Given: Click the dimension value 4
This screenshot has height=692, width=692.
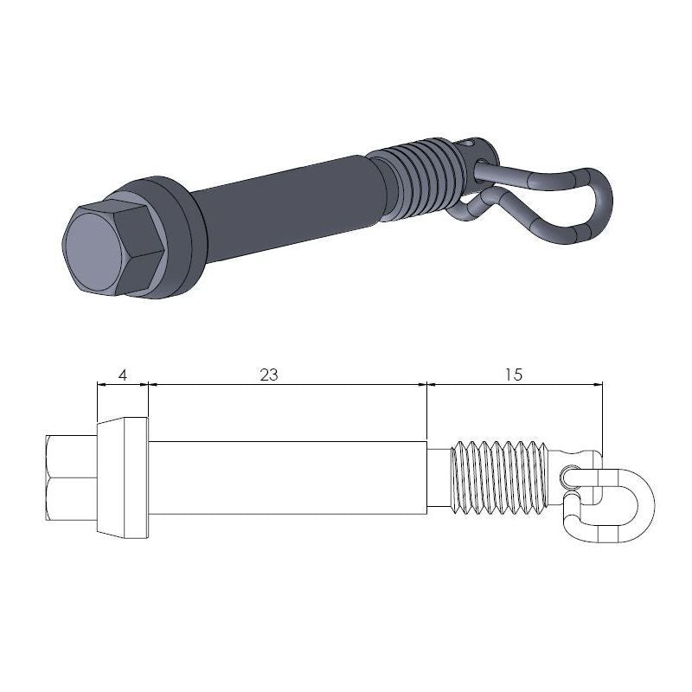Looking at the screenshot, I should coord(122,375).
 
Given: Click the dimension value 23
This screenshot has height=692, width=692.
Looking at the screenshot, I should coord(269,375).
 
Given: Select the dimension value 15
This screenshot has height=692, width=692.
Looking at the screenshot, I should coord(513,375).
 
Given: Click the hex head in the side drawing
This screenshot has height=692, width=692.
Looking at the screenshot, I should coord(69,477).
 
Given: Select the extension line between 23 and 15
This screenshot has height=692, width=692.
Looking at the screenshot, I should coord(427,411).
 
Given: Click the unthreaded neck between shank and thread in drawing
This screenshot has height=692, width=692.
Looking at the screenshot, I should coord(440,477).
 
